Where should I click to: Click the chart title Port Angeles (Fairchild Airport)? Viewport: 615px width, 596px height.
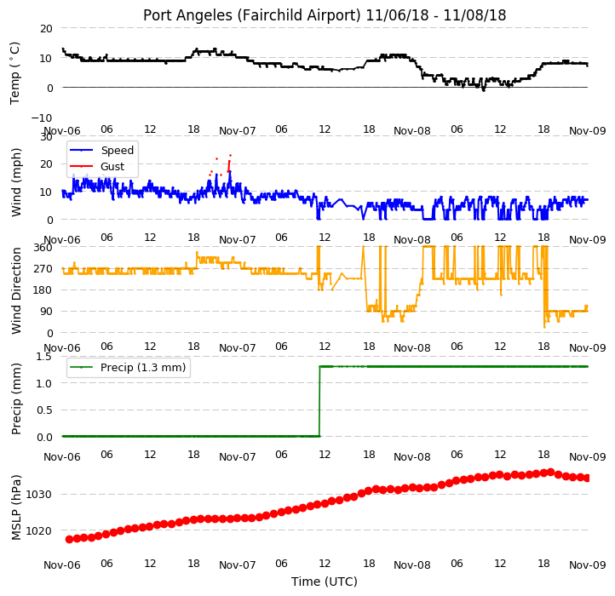click(251, 15)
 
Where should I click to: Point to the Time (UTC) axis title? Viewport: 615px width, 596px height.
click(325, 582)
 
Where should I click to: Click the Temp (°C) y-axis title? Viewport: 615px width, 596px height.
click(14, 73)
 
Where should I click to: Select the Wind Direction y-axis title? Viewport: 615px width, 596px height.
click(16, 290)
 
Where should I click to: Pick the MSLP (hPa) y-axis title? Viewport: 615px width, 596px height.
click(16, 507)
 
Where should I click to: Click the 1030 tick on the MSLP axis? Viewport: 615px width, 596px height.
click(38, 494)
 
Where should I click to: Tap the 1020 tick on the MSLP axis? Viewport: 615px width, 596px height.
click(38, 530)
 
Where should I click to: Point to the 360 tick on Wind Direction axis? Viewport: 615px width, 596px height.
click(43, 248)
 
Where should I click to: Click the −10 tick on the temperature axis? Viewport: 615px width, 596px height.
click(42, 117)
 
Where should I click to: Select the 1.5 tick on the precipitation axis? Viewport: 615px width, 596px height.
click(44, 357)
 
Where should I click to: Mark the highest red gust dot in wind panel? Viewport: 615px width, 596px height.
click(230, 156)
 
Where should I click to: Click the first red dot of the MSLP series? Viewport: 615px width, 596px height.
click(70, 540)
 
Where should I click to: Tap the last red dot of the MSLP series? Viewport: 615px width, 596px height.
click(587, 478)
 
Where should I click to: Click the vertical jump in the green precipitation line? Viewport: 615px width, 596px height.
click(319, 401)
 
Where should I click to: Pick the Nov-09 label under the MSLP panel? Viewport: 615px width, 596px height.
click(587, 565)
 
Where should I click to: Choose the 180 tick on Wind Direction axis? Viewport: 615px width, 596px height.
click(43, 290)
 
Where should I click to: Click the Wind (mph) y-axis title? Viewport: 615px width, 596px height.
click(16, 182)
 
